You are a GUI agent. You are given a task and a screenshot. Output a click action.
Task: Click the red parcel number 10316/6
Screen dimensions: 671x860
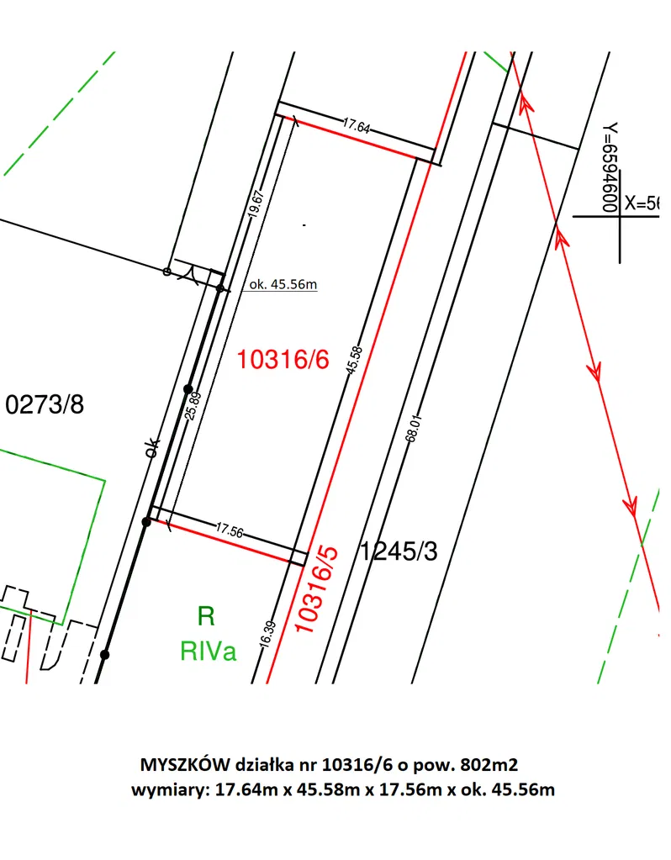[x=283, y=360]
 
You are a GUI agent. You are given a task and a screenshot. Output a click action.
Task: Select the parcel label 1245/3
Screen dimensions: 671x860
[x=399, y=551]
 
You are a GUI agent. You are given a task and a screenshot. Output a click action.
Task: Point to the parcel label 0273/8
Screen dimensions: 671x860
[x=45, y=404]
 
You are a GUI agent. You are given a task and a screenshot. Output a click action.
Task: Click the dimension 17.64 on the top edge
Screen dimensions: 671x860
[x=357, y=125]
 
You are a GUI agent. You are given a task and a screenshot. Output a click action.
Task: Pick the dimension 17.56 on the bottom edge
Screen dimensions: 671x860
[x=230, y=530]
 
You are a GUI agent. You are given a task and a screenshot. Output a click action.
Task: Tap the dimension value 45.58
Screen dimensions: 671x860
[x=355, y=361]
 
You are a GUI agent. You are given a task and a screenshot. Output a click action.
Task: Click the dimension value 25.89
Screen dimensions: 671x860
[x=193, y=405]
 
